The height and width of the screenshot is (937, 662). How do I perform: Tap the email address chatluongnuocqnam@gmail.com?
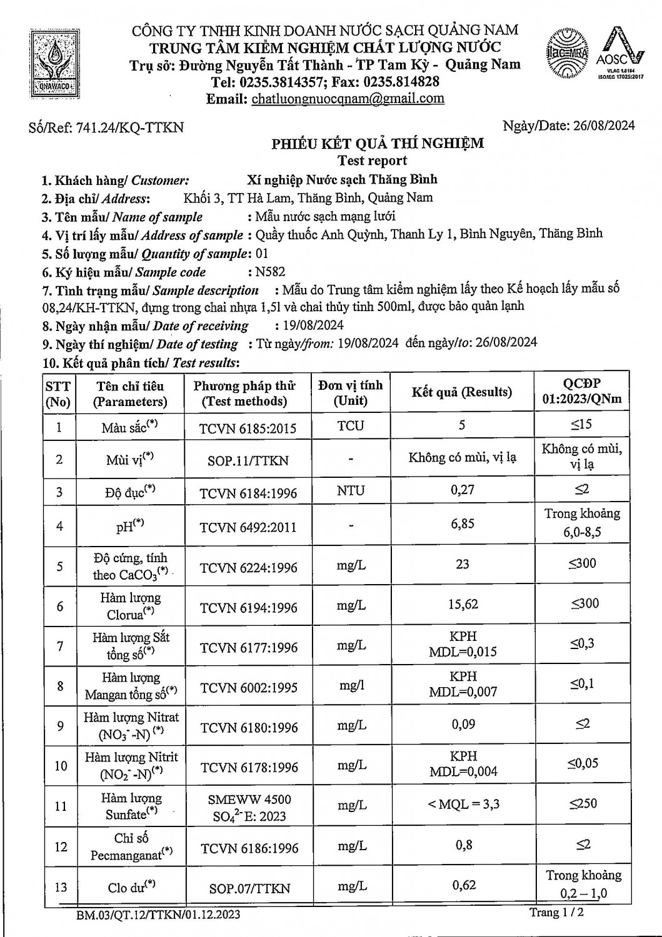pyautogui.click(x=348, y=99)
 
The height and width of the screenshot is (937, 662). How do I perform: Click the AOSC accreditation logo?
pyautogui.click(x=619, y=54)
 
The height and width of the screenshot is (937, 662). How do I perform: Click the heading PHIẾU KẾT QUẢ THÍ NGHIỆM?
pyautogui.click(x=377, y=144)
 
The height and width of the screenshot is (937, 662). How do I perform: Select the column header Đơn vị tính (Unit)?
pyautogui.click(x=350, y=393)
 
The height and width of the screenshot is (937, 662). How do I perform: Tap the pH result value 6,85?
pyautogui.click(x=463, y=523)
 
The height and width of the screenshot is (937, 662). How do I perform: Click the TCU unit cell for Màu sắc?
pyautogui.click(x=350, y=426)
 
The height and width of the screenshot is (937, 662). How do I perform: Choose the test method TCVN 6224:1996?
pyautogui.click(x=248, y=568)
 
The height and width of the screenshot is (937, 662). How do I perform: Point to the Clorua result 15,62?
pyautogui.click(x=463, y=604)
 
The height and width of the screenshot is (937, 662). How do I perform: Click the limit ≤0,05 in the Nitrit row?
pyautogui.click(x=583, y=763)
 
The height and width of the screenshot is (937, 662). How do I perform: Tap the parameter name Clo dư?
pyautogui.click(x=131, y=886)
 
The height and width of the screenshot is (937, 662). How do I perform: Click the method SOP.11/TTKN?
pyautogui.click(x=248, y=461)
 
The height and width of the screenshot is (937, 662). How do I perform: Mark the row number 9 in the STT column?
pyautogui.click(x=60, y=726)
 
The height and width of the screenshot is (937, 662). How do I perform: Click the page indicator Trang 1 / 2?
pyautogui.click(x=556, y=913)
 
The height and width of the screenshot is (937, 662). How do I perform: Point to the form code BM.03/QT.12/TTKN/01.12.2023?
pyautogui.click(x=158, y=915)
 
